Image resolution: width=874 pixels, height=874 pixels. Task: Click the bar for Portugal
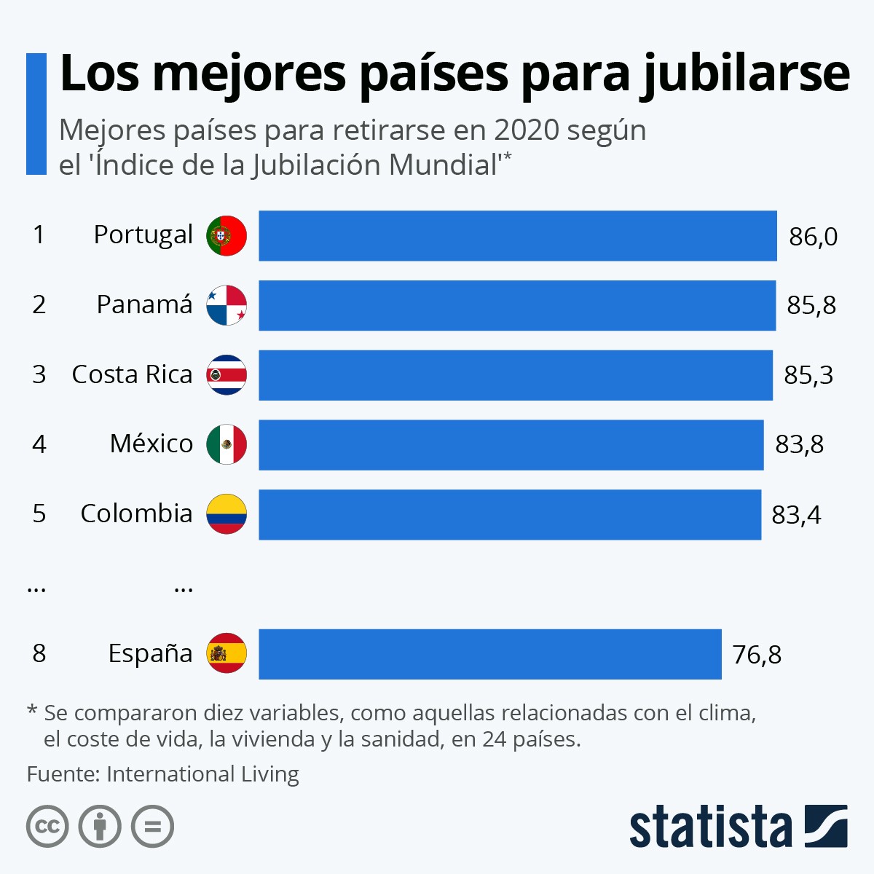517,236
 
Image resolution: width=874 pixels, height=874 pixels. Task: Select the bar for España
489,654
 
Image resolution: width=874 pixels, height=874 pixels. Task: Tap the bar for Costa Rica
515,375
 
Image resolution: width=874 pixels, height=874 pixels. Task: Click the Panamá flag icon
227,305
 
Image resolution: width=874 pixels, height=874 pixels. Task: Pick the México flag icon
227,444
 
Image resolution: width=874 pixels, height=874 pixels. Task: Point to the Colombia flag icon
227,514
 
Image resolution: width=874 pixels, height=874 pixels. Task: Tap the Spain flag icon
227,653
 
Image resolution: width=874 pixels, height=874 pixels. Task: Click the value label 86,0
813,237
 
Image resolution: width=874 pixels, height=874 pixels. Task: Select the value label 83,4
796,515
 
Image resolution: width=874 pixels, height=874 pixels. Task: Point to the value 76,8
757,655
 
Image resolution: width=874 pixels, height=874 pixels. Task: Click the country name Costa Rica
132,374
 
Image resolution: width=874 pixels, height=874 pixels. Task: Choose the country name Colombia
136,513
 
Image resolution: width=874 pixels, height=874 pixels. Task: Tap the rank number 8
39,653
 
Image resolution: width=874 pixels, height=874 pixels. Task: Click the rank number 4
39,444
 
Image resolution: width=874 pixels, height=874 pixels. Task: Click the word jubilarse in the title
744,74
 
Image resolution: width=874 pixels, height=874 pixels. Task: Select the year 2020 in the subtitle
527,131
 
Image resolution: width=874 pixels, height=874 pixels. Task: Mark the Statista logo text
710,827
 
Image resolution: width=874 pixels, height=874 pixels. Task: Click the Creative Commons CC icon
47,827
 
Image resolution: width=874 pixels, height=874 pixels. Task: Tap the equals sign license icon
152,827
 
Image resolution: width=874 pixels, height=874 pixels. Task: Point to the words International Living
202,773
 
